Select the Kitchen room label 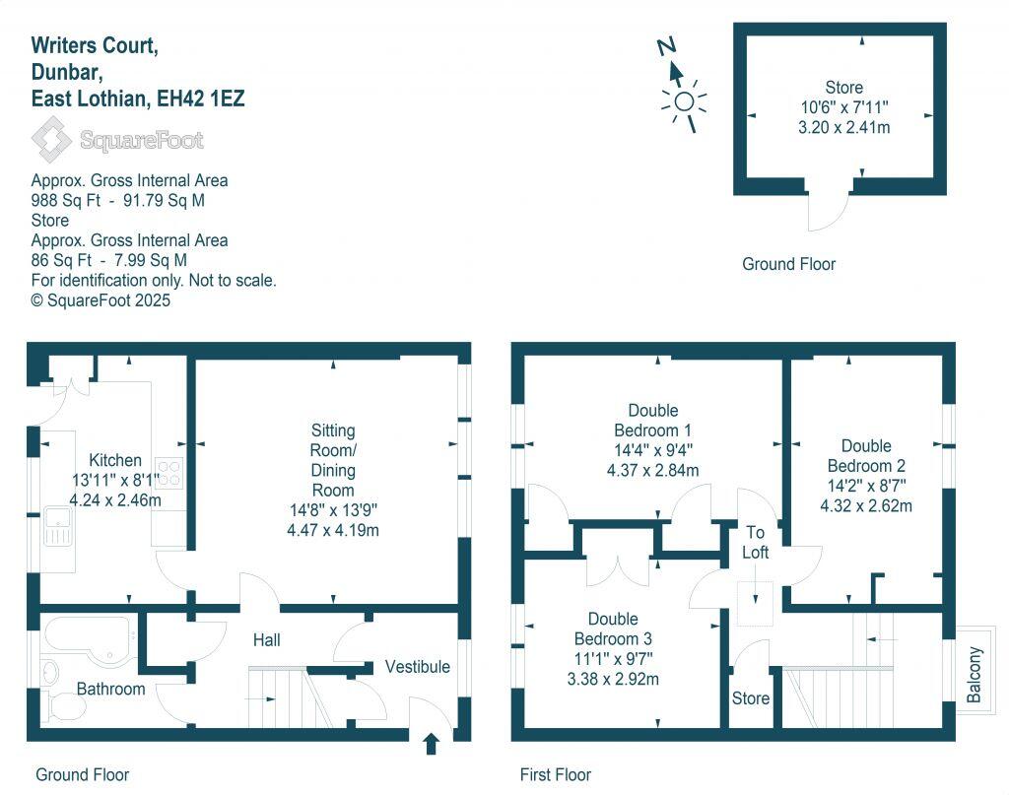pos(115,460)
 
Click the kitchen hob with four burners pos(168,473)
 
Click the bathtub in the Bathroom pos(84,638)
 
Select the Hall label pos(266,640)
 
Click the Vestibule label pos(417,667)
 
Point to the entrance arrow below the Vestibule pos(431,743)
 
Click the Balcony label pos(975,674)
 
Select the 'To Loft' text pos(755,541)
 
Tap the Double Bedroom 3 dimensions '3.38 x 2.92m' pos(613,679)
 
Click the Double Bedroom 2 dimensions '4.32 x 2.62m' pos(866,506)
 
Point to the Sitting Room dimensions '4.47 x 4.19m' pos(333,530)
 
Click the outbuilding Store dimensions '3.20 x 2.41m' pos(844,127)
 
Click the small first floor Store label pos(751,698)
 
